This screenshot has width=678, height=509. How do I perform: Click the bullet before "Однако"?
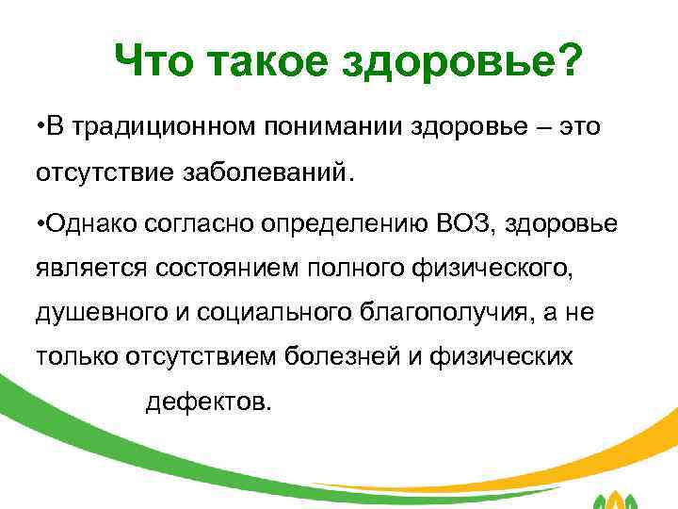40,223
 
